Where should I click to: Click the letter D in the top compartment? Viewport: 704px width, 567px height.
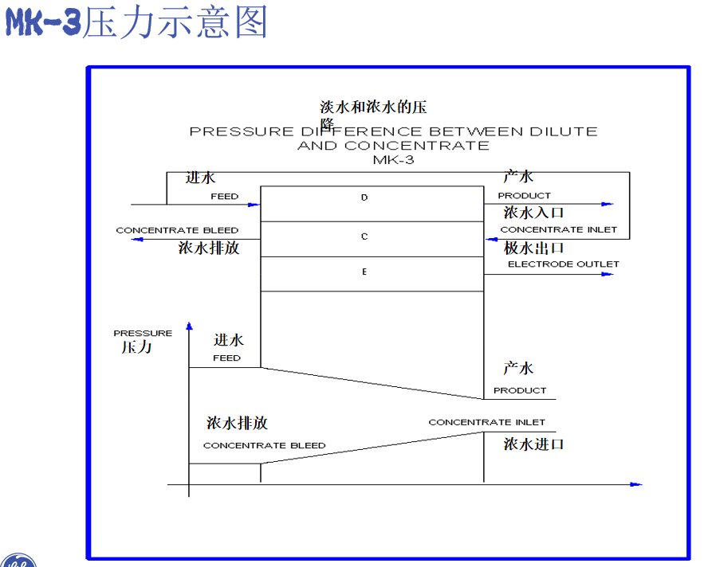pyautogui.click(x=364, y=197)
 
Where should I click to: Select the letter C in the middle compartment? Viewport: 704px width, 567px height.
pyautogui.click(x=364, y=237)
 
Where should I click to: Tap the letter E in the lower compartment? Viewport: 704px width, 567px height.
pyautogui.click(x=364, y=272)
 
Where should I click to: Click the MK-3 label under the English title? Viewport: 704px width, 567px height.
pyautogui.click(x=393, y=159)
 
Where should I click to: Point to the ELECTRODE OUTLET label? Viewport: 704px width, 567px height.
pyautogui.click(x=563, y=264)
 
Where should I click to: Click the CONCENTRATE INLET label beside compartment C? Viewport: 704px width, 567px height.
pyautogui.click(x=558, y=229)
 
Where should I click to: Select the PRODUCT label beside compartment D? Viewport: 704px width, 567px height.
pyautogui.click(x=524, y=195)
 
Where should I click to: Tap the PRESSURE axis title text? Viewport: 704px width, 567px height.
pyautogui.click(x=143, y=333)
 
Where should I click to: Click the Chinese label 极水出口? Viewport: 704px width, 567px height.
pyautogui.click(x=534, y=248)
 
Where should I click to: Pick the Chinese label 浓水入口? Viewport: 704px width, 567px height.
pyautogui.click(x=534, y=213)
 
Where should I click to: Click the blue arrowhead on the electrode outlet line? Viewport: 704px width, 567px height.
pyautogui.click(x=608, y=274)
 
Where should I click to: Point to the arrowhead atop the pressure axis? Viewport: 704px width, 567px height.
pyautogui.click(x=189, y=326)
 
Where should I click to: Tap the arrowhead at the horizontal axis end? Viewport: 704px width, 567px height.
pyautogui.click(x=635, y=483)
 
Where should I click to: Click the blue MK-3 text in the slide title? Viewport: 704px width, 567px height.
pyautogui.click(x=43, y=23)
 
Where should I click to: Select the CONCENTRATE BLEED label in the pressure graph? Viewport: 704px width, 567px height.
pyautogui.click(x=264, y=445)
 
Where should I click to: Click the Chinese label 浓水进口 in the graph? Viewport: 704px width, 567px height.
pyautogui.click(x=533, y=444)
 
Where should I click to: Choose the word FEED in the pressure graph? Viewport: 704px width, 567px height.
pyautogui.click(x=226, y=358)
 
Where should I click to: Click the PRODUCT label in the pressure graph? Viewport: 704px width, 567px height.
pyautogui.click(x=520, y=390)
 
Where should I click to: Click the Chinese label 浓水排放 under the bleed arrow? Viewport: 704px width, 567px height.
pyautogui.click(x=209, y=248)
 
